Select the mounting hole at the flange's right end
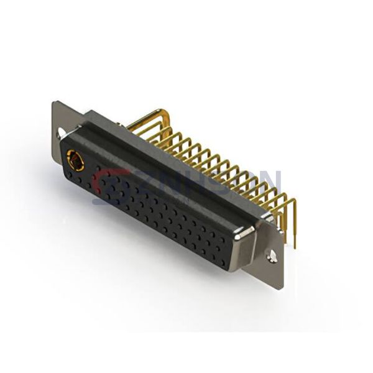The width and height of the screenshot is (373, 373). coord(272,254)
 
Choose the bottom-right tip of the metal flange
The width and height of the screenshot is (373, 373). coord(281,287)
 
